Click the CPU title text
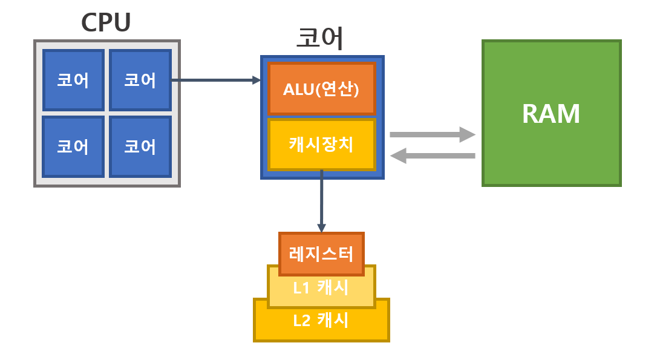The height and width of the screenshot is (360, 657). [106, 22]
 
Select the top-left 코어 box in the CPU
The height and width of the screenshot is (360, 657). [73, 80]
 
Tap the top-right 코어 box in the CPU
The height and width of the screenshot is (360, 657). [140, 80]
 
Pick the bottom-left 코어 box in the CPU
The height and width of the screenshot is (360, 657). [73, 146]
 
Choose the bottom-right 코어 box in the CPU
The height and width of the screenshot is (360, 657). [140, 146]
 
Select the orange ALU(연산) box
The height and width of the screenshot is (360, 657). [321, 88]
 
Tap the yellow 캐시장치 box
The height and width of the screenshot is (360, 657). [321, 145]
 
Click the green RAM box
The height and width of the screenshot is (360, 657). [551, 113]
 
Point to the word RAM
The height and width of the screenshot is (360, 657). [551, 114]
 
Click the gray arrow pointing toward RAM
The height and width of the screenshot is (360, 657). [433, 134]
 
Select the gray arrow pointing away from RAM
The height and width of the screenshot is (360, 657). [433, 156]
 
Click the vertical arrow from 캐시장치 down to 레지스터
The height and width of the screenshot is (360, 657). [321, 200]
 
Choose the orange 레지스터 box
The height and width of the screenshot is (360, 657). [321, 254]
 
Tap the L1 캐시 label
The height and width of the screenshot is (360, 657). [321, 287]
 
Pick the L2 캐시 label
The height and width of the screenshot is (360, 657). [321, 320]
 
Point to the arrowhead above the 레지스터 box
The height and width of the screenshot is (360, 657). [321, 228]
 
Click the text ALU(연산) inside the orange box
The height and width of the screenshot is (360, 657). [321, 89]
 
